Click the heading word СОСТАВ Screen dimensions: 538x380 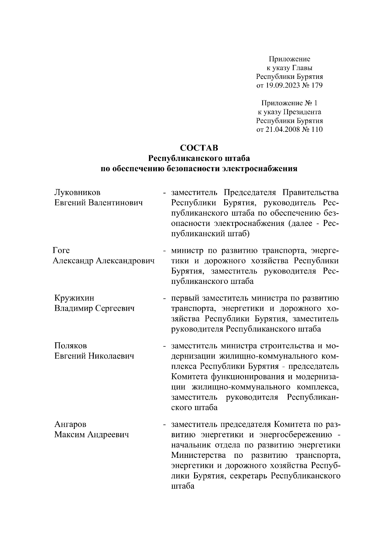pyautogui.click(x=199, y=148)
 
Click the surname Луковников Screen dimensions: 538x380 pyautogui.click(x=78, y=192)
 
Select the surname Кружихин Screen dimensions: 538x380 pyautogui.click(x=74, y=298)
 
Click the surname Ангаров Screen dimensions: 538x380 pyautogui.click(x=70, y=424)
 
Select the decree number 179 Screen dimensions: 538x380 pyautogui.click(x=317, y=85)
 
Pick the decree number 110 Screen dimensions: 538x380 pyautogui.click(x=317, y=129)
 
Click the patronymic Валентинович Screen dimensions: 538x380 pyautogui.click(x=116, y=203)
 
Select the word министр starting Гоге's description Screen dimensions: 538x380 pyautogui.click(x=187, y=251)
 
